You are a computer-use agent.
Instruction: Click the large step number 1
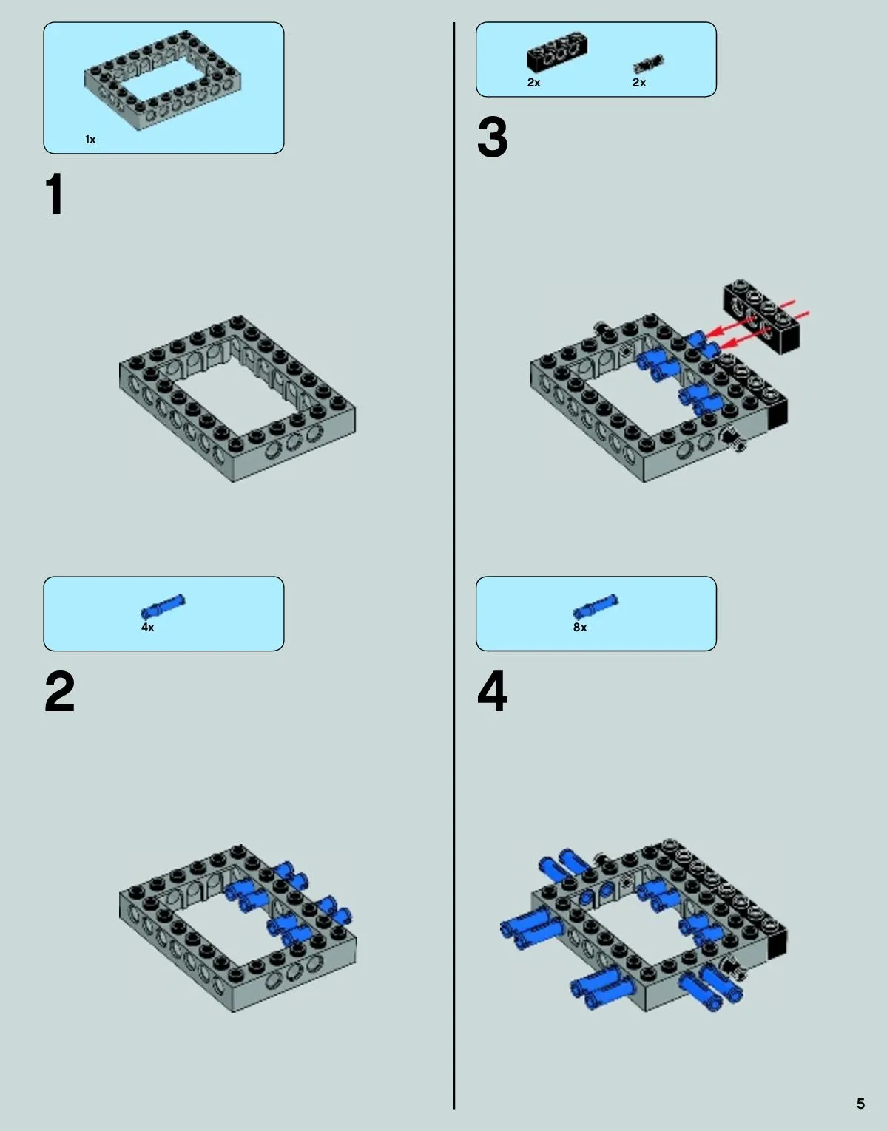tap(55, 194)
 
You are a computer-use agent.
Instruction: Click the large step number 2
tap(60, 691)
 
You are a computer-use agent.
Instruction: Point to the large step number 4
tap(492, 691)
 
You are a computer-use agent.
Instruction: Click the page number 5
tap(860, 1104)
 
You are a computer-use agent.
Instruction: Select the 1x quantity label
tap(90, 140)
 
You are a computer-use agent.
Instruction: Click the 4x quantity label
tap(147, 627)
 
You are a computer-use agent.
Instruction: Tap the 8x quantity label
tap(580, 627)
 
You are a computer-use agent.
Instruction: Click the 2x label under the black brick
tap(534, 82)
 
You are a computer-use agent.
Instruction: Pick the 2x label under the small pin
tap(639, 82)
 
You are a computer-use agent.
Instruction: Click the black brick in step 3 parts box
tap(557, 52)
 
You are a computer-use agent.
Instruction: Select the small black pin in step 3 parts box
tap(648, 64)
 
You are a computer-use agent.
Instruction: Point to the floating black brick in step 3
tap(761, 316)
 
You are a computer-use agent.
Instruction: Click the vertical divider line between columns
tap(454, 565)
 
